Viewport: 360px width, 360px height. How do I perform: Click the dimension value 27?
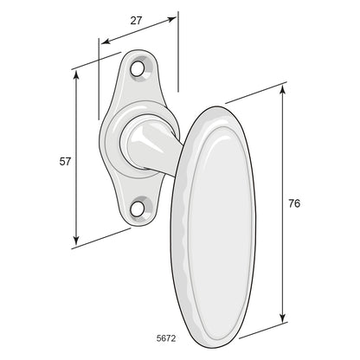pos(136,21)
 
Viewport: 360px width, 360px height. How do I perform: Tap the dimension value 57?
pos(65,162)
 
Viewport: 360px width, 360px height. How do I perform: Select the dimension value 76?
pos(294,203)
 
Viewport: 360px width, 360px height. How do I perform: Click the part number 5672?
pos(166,338)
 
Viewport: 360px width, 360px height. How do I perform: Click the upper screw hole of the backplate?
pos(137,68)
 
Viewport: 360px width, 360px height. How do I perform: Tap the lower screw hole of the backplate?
pos(137,209)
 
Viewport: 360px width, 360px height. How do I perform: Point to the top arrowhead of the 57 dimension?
pos(76,74)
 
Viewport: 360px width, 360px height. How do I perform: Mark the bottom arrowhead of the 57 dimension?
pos(76,240)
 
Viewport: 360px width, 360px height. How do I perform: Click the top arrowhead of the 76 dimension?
pos(283,90)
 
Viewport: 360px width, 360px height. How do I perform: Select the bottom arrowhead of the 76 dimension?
pos(283,318)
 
